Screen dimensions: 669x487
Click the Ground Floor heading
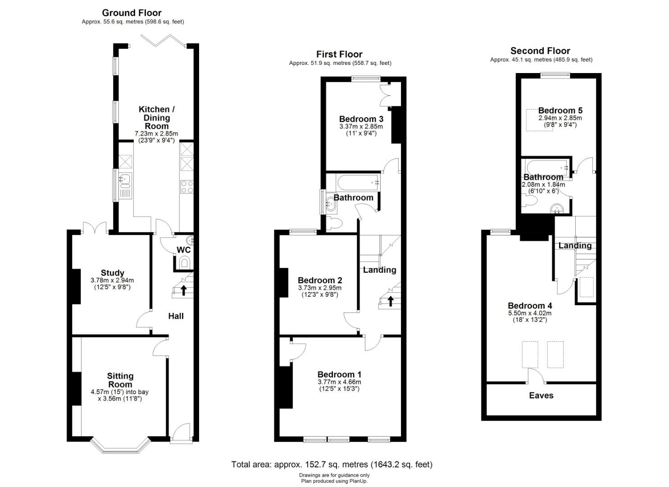pos(132,13)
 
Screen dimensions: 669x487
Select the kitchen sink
pos(125,186)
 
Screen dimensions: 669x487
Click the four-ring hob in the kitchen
pos(187,187)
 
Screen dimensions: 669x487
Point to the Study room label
pos(112,273)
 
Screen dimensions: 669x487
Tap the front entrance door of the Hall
pos(181,432)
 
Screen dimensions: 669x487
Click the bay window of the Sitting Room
pos(120,446)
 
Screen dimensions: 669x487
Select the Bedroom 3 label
pos(361,119)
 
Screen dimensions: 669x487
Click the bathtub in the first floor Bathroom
pos(358,182)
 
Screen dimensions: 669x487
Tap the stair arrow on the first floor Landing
pos(390,301)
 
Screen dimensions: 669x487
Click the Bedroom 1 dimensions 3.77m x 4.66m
pos(340,382)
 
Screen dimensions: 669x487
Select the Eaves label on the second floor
pos(541,395)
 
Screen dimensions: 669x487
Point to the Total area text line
pos(332,464)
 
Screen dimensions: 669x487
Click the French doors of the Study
pos(94,228)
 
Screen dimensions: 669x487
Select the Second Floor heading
pos(540,51)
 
